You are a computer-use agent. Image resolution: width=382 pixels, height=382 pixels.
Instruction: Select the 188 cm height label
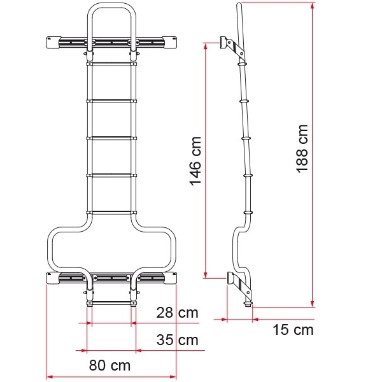point(302,148)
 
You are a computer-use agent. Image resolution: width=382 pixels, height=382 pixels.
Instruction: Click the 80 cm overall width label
point(109,366)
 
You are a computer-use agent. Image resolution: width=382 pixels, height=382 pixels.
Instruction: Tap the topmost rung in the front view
point(111,64)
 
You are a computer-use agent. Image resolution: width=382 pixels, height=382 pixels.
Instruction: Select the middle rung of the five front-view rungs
point(111,138)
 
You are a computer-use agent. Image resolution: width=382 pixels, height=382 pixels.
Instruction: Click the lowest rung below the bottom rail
point(111,303)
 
